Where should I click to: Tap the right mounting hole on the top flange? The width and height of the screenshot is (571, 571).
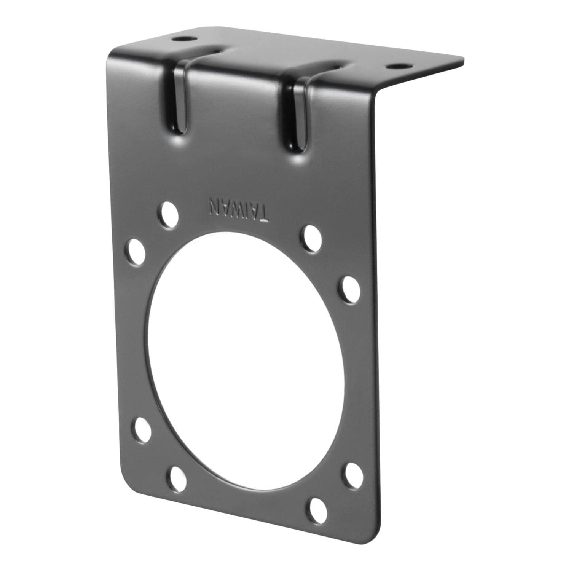tap(396, 66)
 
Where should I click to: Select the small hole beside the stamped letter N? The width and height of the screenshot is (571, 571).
tap(169, 215)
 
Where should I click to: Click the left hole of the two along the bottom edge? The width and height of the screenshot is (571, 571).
tap(177, 477)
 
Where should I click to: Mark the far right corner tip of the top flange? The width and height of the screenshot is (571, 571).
tap(464, 59)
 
